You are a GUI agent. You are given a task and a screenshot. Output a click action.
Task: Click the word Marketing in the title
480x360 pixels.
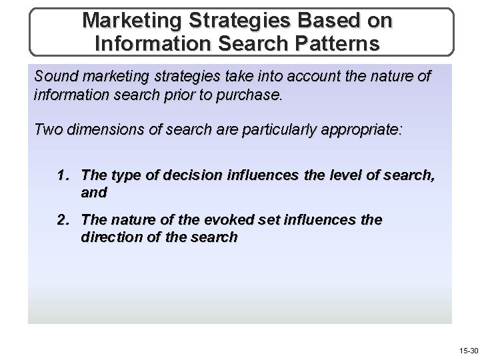tap(131, 20)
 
